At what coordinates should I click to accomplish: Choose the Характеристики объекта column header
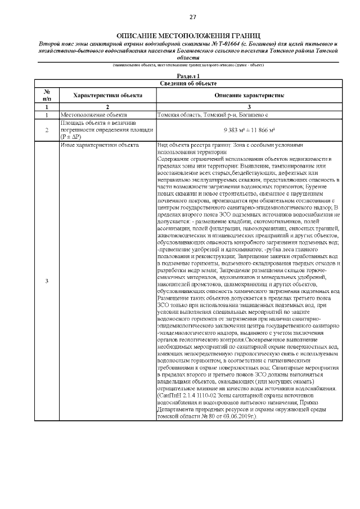pyautogui.click(x=108, y=96)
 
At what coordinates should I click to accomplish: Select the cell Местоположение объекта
pyautogui.click(x=93, y=114)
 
